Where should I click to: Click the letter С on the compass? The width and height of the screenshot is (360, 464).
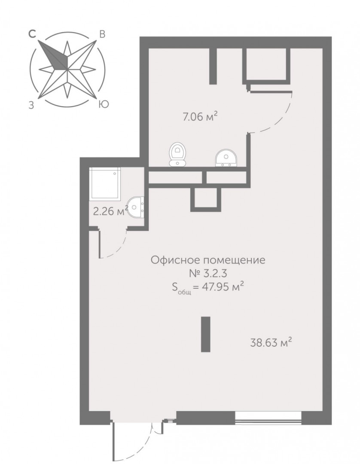pyautogui.click(x=32, y=34)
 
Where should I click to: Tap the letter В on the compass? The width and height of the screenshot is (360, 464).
pyautogui.click(x=102, y=35)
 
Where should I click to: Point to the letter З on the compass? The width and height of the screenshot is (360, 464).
pyautogui.click(x=31, y=105)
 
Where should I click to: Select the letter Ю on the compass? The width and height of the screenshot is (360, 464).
pyautogui.click(x=104, y=104)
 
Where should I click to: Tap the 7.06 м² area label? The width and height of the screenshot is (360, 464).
pyautogui.click(x=200, y=116)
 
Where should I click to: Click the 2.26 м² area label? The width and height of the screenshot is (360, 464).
pyautogui.click(x=110, y=211)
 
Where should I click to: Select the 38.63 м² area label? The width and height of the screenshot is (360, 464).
pyautogui.click(x=271, y=342)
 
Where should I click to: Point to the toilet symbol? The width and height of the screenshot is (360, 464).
pyautogui.click(x=177, y=154)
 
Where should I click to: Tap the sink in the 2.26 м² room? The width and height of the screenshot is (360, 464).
pyautogui.click(x=136, y=207)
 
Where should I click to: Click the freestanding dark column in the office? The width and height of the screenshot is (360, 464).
pyautogui.click(x=206, y=334)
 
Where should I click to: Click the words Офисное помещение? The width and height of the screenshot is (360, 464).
pyautogui.click(x=208, y=260)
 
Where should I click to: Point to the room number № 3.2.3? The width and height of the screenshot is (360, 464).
pyautogui.click(x=208, y=273)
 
